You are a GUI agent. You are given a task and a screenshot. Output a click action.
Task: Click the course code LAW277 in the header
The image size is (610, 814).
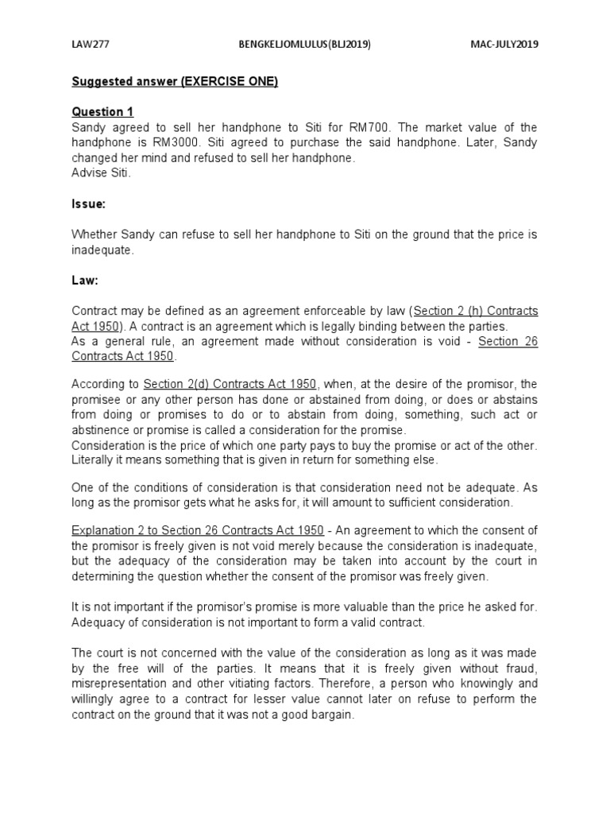click(91, 45)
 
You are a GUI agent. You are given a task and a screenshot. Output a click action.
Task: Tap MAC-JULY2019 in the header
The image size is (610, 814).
click(504, 45)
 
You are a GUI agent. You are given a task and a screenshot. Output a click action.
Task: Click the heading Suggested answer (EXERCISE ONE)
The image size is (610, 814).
click(175, 83)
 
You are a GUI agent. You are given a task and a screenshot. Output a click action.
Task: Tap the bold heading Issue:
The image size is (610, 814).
click(88, 204)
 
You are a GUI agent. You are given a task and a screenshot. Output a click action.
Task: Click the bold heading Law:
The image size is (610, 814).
click(85, 281)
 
